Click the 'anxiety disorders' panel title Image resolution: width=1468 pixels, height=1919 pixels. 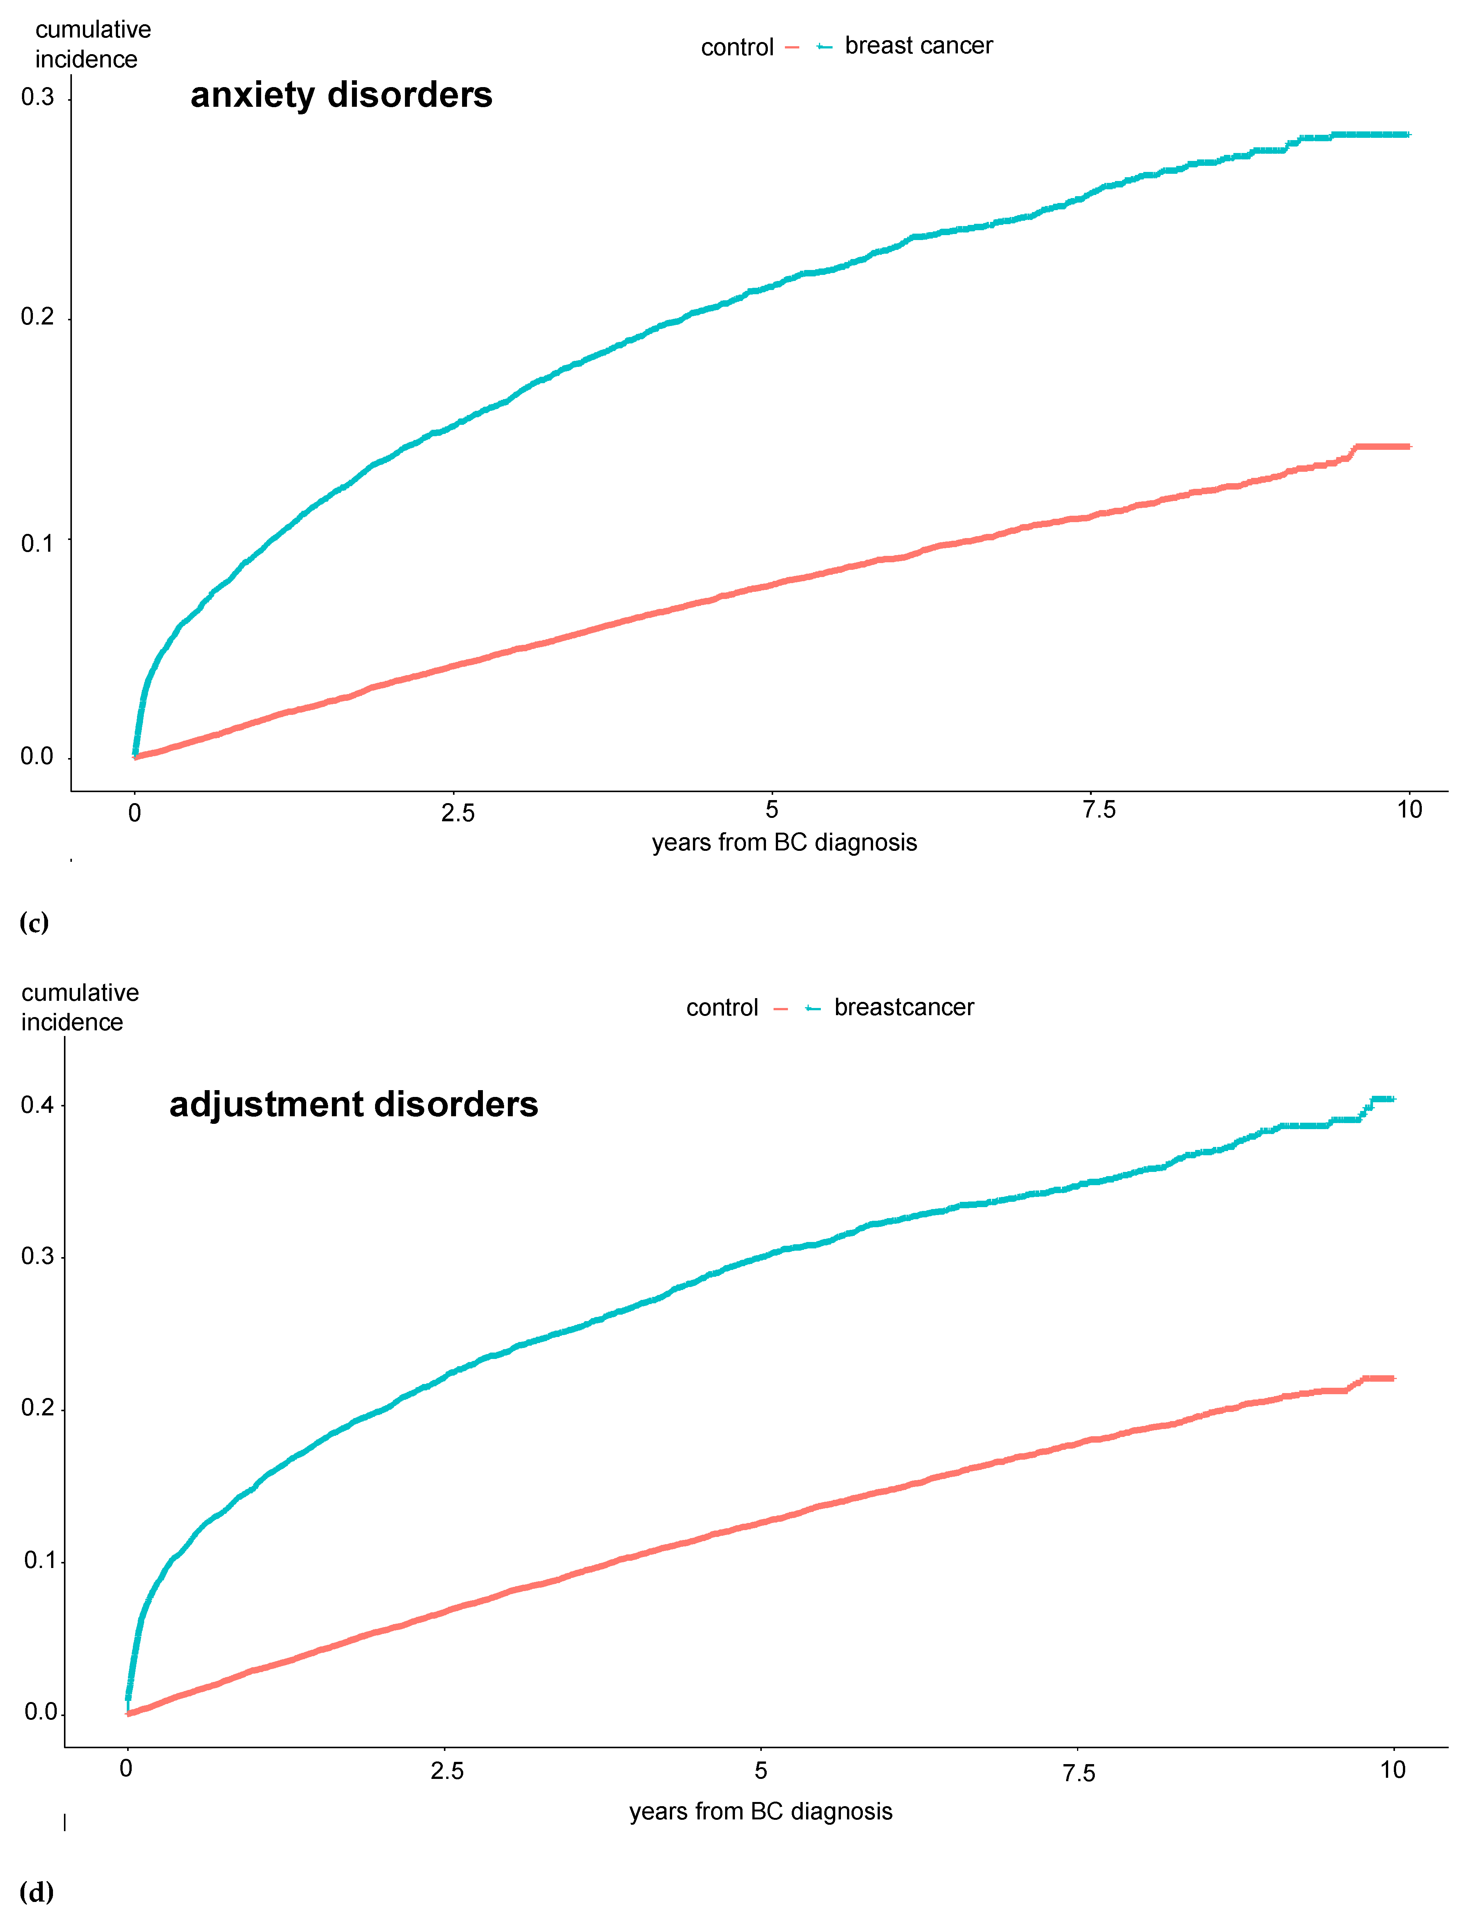click(341, 94)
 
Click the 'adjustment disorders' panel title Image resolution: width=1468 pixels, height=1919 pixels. click(353, 1104)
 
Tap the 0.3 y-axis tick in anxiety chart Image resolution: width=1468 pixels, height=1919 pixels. click(37, 97)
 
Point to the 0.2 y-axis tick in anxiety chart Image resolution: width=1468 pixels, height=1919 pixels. click(37, 317)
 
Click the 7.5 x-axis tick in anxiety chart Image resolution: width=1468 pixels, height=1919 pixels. click(1098, 810)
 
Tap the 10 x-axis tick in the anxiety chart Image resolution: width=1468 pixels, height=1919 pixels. click(1409, 810)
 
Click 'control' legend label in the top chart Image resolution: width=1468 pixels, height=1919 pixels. click(736, 47)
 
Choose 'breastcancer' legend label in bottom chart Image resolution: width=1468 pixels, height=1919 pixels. click(903, 1007)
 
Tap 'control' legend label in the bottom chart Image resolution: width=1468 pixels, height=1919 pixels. click(722, 1008)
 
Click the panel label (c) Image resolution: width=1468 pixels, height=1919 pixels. click(34, 922)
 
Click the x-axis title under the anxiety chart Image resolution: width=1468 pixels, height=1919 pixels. click(784, 843)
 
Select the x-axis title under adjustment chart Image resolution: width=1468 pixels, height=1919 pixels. click(760, 1811)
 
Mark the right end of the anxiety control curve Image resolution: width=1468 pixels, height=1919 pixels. click(1408, 447)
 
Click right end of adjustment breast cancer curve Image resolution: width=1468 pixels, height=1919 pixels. click(1393, 1099)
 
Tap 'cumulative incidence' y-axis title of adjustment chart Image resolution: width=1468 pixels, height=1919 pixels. click(79, 1007)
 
